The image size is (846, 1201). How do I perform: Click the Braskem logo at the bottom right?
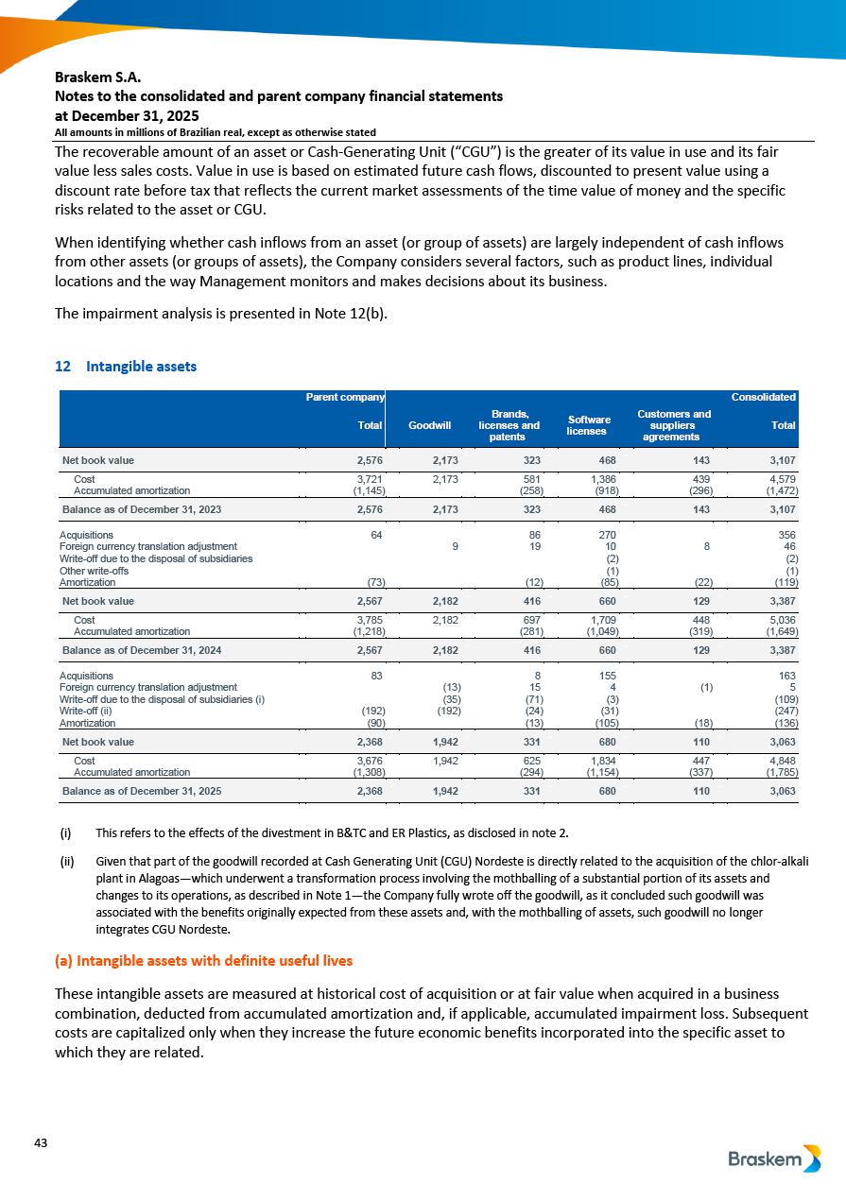coord(774,1159)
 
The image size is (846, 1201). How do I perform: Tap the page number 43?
coord(41,1143)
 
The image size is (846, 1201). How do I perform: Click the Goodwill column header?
coord(429,426)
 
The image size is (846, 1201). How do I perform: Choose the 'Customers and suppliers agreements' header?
coord(674,425)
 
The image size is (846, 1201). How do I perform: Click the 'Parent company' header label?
coord(344,397)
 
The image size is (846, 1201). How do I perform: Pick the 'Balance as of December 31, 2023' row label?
coord(142,509)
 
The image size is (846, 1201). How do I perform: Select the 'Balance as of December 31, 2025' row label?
coord(142,790)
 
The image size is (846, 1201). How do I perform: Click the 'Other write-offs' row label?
coord(95,571)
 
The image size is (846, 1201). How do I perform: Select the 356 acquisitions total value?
coord(786,535)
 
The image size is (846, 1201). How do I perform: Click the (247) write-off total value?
coord(784,712)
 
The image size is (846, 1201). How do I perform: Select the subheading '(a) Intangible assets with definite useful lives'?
coord(203,960)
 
